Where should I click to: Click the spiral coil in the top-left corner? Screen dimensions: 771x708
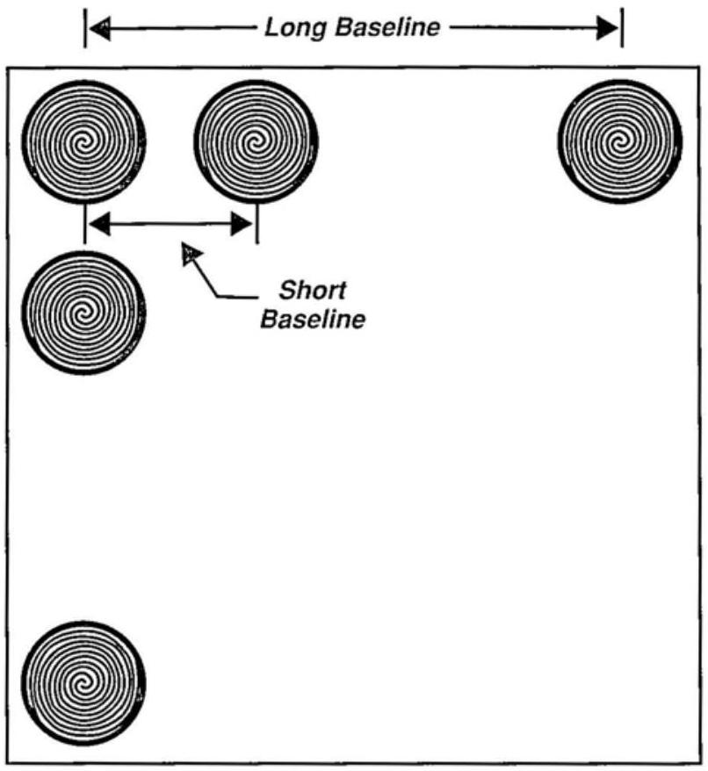pos(83,141)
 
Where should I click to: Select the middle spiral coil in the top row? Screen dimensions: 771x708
pos(256,141)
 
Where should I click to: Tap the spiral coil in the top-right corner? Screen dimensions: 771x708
pos(619,141)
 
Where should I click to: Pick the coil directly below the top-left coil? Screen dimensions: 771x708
pos(83,312)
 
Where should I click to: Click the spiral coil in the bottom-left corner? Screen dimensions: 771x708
pos(83,682)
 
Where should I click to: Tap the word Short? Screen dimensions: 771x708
pos(312,291)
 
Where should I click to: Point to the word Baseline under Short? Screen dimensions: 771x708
pos(312,318)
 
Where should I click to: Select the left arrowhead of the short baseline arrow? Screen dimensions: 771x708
pos(102,225)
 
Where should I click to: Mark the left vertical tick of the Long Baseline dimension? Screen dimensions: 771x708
pos(86,28)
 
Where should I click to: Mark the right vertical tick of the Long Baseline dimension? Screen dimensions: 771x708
pos(622,28)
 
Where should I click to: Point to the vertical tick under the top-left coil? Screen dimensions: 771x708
pos(84,224)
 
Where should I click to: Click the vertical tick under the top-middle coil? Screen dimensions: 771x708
pos(256,224)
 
